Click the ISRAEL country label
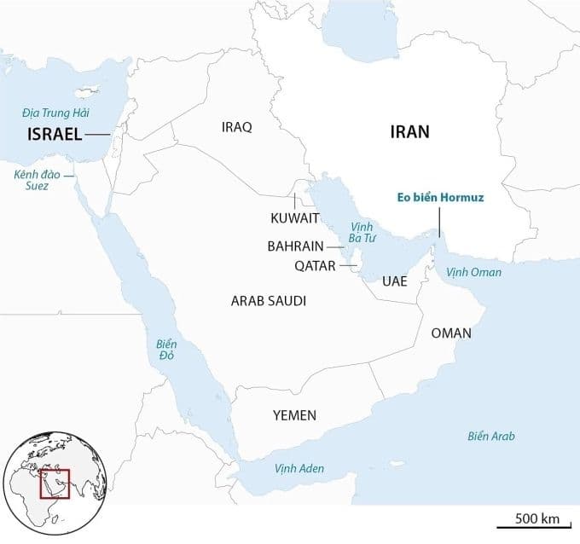[x=55, y=135]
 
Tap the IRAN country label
[x=409, y=132]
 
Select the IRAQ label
[x=236, y=127]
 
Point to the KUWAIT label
[x=295, y=218]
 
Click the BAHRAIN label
[x=294, y=246]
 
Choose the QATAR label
[x=315, y=265]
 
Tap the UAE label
[x=394, y=281]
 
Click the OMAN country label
[x=451, y=333]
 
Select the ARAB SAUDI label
[x=269, y=301]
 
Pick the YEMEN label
[x=294, y=415]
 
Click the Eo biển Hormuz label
[x=441, y=198]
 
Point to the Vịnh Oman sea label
[x=474, y=273]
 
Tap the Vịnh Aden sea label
[x=299, y=469]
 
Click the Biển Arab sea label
[x=491, y=437]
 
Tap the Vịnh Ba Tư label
[x=357, y=233]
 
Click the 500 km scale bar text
[x=537, y=518]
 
